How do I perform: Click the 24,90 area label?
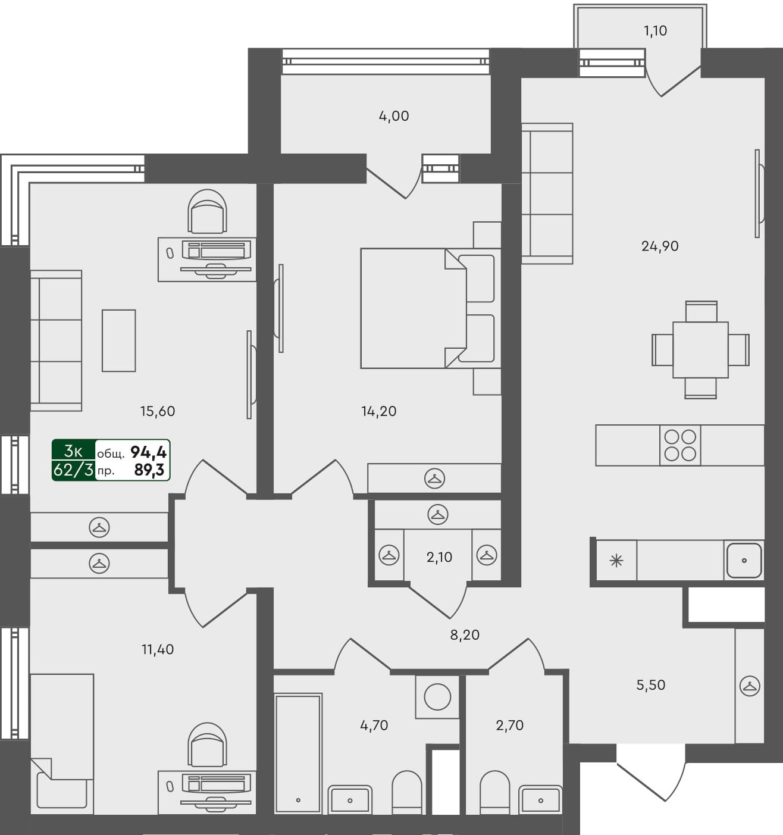pos(660,246)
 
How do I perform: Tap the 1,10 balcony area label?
pos(655,31)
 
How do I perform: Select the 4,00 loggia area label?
pos(394,116)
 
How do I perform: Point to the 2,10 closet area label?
pos(439,558)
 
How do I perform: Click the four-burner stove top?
pos(680,445)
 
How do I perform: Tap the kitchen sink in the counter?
pos(744,560)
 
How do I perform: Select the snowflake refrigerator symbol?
pos(616,560)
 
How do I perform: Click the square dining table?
pos(700,349)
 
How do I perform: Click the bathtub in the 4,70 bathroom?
pos(298,753)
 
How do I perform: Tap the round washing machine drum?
pos(437,697)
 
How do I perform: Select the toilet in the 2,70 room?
pos(494,791)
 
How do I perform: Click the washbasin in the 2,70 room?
pos(540,799)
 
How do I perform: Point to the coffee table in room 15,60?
pos(118,340)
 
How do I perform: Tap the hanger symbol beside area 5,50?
pos(750,686)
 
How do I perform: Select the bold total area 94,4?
pos(148,453)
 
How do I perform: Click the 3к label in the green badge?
pos(73,451)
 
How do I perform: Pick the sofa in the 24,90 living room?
pos(547,193)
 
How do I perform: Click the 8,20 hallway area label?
pos(465,635)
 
